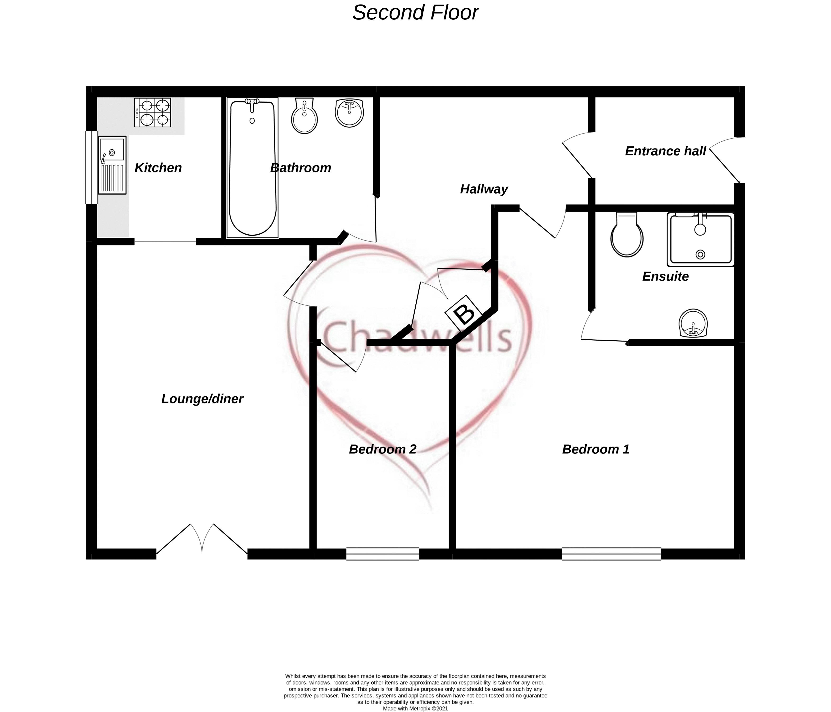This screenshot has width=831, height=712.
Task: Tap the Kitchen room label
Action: [x=158, y=168]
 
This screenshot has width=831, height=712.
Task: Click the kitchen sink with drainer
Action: [x=112, y=165]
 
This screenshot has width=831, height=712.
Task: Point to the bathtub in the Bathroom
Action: [x=252, y=167]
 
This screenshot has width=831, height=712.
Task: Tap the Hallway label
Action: [x=484, y=189]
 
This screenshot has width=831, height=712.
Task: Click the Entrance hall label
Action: [x=665, y=151]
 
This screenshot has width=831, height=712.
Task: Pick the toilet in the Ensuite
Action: [x=627, y=235]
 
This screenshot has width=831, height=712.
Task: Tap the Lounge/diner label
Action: [x=202, y=399]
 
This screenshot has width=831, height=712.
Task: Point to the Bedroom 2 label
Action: [x=383, y=449]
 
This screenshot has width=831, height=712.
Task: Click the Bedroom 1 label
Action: [x=595, y=449]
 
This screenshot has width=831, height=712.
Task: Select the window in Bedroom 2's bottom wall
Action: [x=383, y=554]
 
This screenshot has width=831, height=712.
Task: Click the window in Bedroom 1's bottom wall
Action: [x=611, y=554]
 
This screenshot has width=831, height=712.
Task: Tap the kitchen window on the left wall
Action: [x=91, y=167]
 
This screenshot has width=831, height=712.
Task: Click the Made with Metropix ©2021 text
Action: [x=415, y=708]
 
